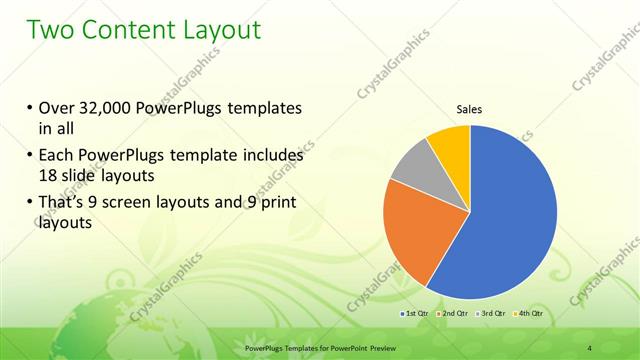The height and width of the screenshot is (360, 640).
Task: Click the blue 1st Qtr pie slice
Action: pyautogui.click(x=505, y=220)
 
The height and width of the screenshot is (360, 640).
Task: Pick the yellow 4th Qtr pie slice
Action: pyautogui.click(x=450, y=145)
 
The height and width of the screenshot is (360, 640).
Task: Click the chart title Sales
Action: pyautogui.click(x=470, y=109)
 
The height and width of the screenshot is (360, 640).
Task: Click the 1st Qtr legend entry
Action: pyautogui.click(x=415, y=314)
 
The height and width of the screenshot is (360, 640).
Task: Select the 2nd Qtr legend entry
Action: pyautogui.click(x=453, y=314)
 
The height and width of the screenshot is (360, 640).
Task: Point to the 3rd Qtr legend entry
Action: pyautogui.click(x=491, y=314)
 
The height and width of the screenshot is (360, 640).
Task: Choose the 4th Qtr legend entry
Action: pyautogui.click(x=528, y=314)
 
